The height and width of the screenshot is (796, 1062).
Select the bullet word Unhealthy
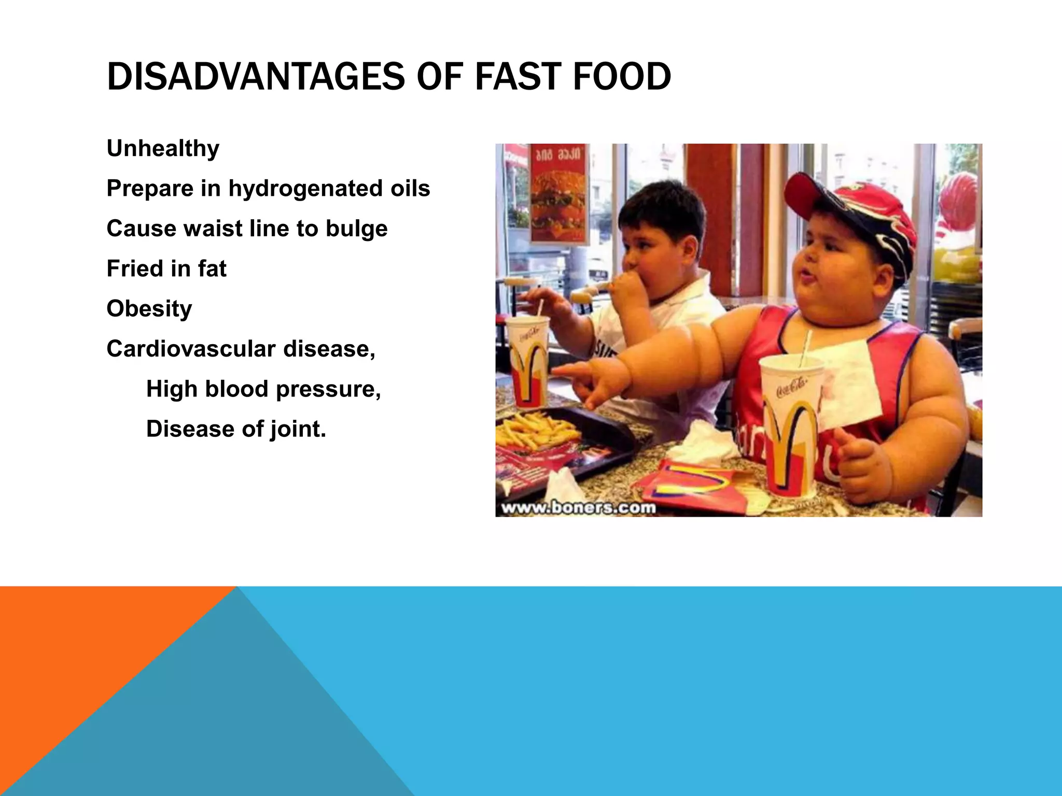point(163,149)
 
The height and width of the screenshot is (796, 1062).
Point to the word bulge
point(356,229)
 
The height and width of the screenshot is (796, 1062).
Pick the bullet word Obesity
point(149,309)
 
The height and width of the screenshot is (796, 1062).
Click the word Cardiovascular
point(191,349)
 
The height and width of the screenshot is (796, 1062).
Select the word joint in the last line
point(297,429)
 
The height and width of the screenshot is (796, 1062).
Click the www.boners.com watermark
point(579,507)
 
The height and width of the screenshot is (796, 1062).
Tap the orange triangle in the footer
point(78,648)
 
